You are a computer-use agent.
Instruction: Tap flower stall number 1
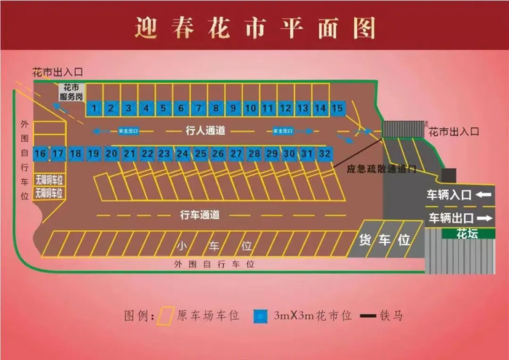(x=94, y=108)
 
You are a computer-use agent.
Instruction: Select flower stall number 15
(x=337, y=108)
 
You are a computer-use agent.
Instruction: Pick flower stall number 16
(x=40, y=153)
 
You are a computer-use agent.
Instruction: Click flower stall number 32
(x=324, y=153)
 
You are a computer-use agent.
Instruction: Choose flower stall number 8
(x=215, y=108)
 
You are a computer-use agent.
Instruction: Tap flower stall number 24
(x=183, y=153)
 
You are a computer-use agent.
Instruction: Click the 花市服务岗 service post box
(x=71, y=92)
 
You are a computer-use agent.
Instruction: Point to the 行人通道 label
(x=206, y=131)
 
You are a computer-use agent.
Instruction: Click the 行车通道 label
(x=200, y=215)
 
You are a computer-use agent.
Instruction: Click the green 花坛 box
(x=465, y=233)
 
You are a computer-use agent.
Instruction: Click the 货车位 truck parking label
(x=385, y=241)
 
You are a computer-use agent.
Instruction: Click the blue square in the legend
(x=260, y=316)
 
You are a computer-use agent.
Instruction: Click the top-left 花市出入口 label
(x=58, y=73)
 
